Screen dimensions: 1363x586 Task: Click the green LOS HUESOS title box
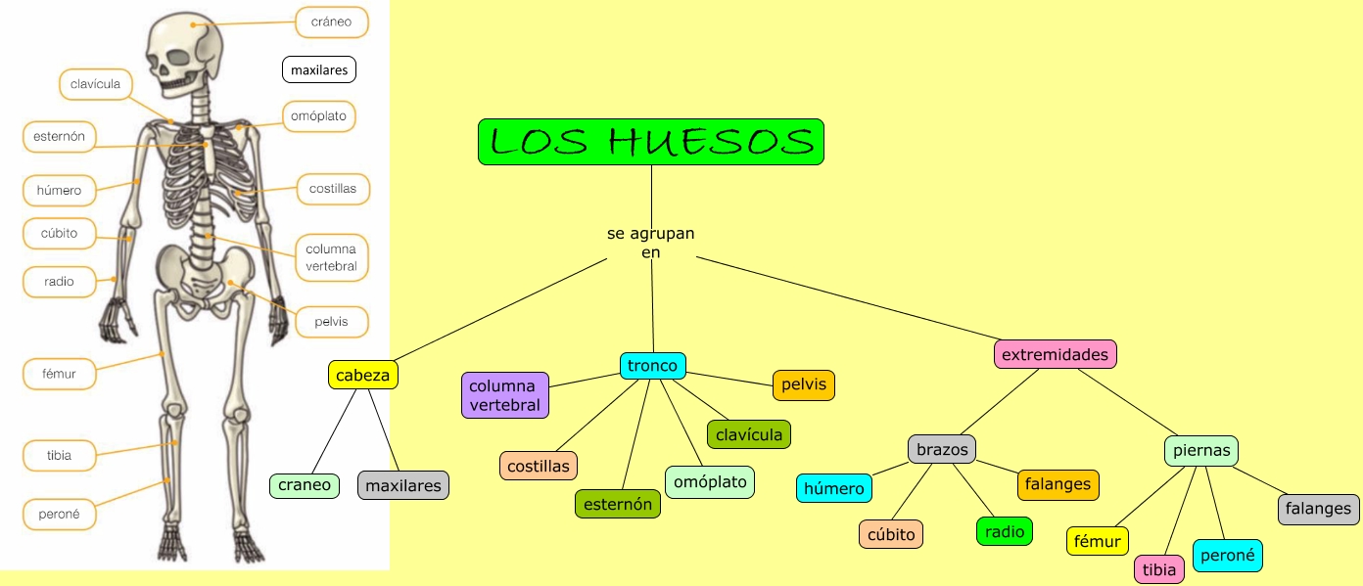click(x=651, y=142)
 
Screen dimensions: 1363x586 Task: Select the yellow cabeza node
click(x=362, y=375)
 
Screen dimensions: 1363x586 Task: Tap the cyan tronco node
click(x=652, y=366)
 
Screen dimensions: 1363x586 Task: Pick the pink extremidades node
click(x=1055, y=354)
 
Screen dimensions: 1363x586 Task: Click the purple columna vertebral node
click(x=504, y=395)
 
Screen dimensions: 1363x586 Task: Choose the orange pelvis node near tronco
click(x=803, y=384)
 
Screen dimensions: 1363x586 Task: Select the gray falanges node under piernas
click(x=1318, y=509)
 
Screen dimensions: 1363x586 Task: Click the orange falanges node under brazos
click(x=1058, y=484)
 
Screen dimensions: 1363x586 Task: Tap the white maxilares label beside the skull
click(x=319, y=70)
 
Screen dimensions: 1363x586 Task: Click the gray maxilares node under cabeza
click(x=403, y=485)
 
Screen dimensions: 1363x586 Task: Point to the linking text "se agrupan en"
click(x=650, y=243)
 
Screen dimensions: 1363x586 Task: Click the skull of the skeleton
click(x=183, y=54)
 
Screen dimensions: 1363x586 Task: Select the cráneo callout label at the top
click(x=331, y=22)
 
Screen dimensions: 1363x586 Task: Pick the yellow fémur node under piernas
click(x=1098, y=541)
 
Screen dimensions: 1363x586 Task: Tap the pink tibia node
click(x=1159, y=569)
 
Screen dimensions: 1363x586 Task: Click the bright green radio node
click(x=1005, y=531)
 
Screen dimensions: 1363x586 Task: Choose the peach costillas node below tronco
click(x=539, y=466)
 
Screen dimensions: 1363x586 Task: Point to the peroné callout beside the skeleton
click(x=59, y=514)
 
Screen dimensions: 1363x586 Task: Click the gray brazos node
click(x=942, y=450)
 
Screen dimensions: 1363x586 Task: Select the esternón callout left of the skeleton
click(x=60, y=137)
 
